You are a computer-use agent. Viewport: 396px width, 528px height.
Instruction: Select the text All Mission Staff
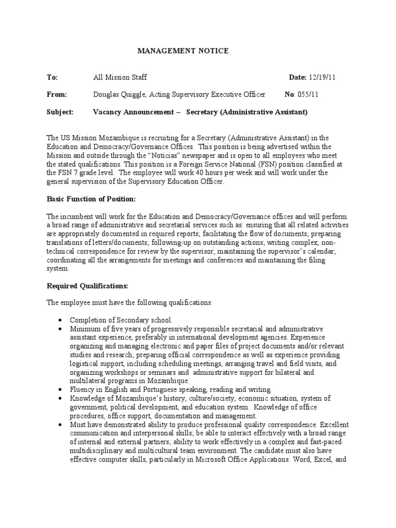pos(120,77)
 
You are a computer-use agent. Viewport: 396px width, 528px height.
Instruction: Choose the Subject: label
pos(60,112)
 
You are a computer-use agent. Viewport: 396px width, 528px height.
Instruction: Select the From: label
pos(57,94)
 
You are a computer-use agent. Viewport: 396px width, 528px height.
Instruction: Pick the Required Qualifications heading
pos(88,286)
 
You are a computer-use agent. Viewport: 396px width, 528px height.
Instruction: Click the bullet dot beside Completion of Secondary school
pos(60,320)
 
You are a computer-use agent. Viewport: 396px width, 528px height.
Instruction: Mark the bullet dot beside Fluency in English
pos(60,389)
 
